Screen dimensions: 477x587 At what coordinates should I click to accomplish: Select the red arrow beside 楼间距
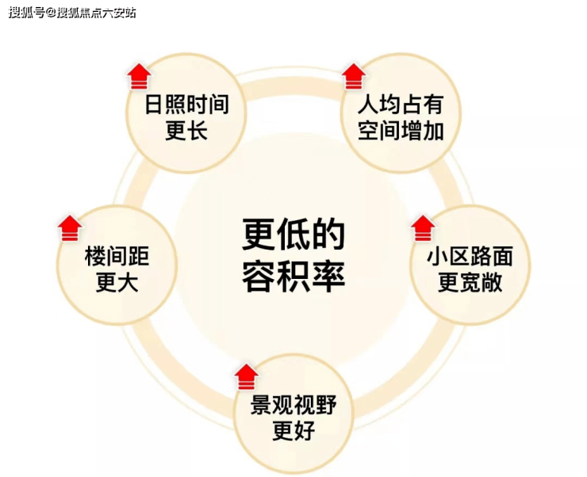pyautogui.click(x=70, y=227)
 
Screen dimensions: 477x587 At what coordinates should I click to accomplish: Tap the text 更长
pyautogui.click(x=186, y=132)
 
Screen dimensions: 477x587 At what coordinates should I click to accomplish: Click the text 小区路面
pyautogui.click(x=470, y=256)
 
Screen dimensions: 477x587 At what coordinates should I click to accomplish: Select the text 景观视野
pyautogui.click(x=293, y=406)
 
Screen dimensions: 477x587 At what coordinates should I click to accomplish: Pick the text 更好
pyautogui.click(x=293, y=432)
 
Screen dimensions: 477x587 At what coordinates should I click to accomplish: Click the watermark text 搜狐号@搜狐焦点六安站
pyautogui.click(x=72, y=12)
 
